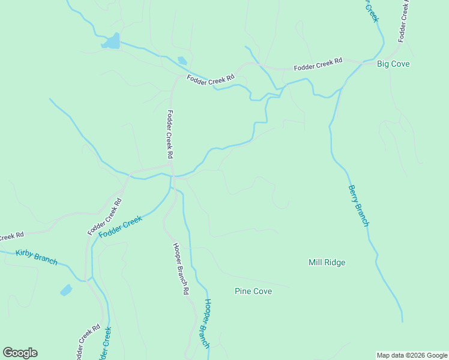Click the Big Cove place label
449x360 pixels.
(x=393, y=64)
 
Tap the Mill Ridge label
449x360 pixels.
(x=327, y=262)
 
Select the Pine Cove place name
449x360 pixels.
(x=253, y=292)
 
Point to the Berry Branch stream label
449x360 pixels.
(x=358, y=205)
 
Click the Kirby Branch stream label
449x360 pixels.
(x=37, y=257)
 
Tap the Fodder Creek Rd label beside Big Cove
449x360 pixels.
(x=318, y=64)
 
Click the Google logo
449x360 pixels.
(x=20, y=353)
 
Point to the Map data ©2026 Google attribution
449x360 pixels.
(x=412, y=355)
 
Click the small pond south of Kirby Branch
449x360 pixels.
(x=66, y=290)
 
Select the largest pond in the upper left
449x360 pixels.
(x=111, y=42)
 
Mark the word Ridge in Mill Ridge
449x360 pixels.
(x=336, y=262)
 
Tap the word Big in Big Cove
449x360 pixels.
(x=383, y=64)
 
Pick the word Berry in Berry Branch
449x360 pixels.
(x=353, y=194)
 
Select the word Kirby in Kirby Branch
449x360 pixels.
(x=25, y=254)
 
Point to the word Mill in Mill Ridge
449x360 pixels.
(x=315, y=262)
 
